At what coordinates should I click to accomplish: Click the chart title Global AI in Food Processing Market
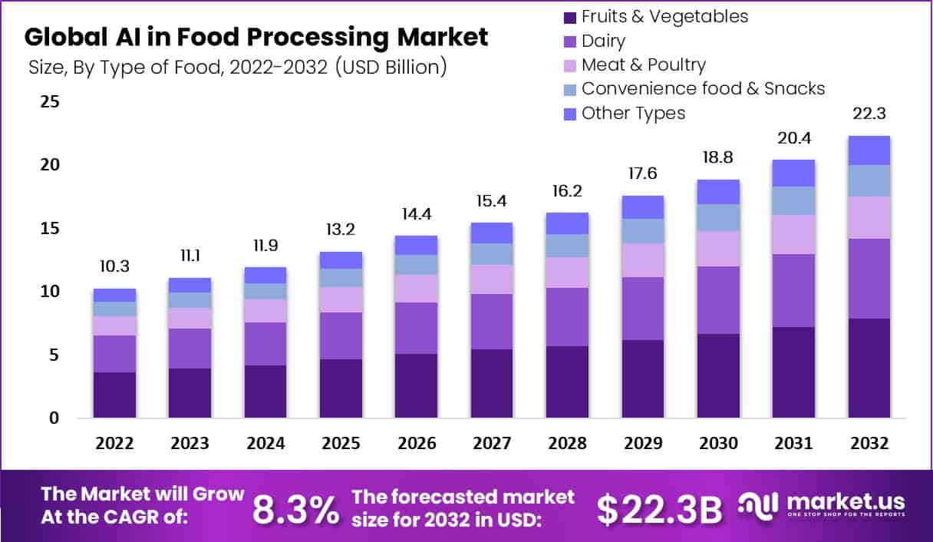[256, 37]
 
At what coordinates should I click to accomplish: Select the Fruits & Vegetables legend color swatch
[569, 17]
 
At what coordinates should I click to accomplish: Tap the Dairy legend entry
[603, 41]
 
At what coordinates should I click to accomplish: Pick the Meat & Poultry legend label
[643, 64]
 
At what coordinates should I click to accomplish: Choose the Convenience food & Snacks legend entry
[703, 88]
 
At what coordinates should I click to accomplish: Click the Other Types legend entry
[633, 113]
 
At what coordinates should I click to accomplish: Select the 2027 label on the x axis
[492, 444]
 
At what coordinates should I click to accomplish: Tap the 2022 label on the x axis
[114, 444]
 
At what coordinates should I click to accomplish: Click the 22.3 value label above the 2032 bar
[869, 114]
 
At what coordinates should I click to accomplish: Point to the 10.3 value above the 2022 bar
[114, 266]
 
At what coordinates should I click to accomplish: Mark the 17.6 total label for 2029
[642, 174]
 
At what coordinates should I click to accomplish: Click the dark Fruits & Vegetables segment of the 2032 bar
[869, 368]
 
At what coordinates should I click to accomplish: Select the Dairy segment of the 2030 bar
[717, 299]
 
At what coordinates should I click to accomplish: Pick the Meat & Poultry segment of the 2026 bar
[417, 288]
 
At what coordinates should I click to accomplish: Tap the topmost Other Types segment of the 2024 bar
[265, 275]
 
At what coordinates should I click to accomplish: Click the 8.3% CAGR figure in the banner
[295, 508]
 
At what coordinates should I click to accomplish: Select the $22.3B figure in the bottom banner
[659, 508]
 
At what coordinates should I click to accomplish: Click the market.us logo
[822, 505]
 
